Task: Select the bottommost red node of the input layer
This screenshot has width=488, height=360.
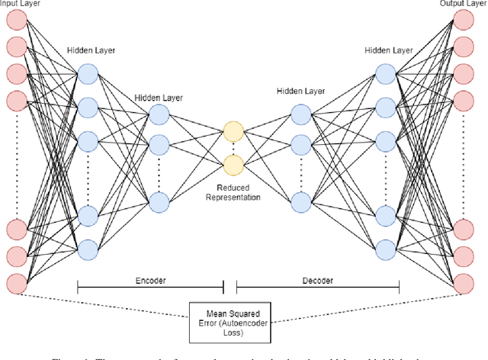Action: coord(15,283)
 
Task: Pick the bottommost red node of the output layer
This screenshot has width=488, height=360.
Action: coord(464,283)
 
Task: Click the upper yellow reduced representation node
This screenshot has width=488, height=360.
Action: coord(233,131)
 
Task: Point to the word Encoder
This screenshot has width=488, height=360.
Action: coord(149,280)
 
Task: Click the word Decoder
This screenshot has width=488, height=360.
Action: coord(318,280)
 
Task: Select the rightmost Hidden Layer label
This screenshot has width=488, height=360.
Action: coord(389,50)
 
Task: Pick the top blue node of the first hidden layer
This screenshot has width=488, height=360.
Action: coord(88,73)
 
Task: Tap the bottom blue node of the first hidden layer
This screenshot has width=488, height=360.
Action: coord(88,249)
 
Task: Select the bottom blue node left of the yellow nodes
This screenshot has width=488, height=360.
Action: coord(159,201)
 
